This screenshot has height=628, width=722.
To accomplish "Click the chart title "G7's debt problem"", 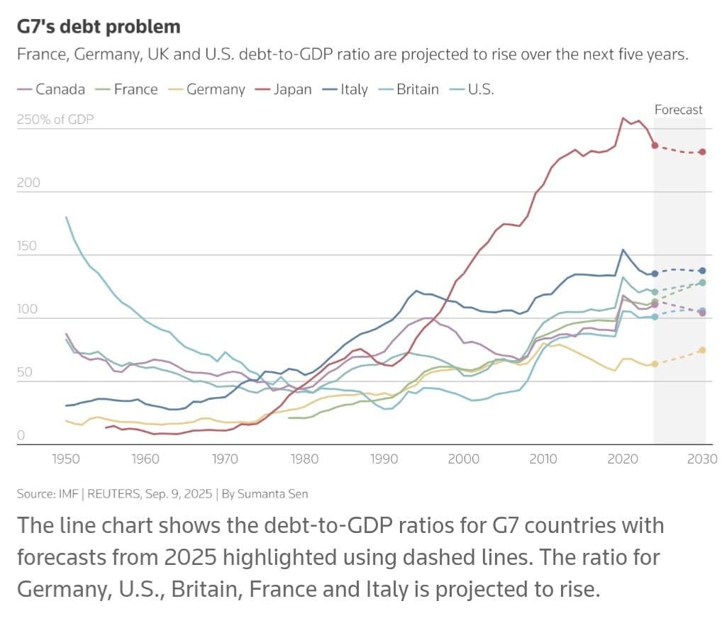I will pyautogui.click(x=99, y=27).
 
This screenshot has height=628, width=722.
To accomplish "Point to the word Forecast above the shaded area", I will pyautogui.click(x=678, y=109).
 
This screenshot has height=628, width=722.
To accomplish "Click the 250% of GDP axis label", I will pyautogui.click(x=55, y=119).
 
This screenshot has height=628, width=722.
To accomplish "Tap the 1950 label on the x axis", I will pyautogui.click(x=66, y=459).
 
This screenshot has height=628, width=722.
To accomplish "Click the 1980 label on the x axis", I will pyautogui.click(x=305, y=459).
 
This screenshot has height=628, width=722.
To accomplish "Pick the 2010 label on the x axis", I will pyautogui.click(x=544, y=459).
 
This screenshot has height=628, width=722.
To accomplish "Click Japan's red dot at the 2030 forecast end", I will pyautogui.click(x=702, y=152).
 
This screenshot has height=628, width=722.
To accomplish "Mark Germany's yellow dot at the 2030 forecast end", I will pyautogui.click(x=702, y=350).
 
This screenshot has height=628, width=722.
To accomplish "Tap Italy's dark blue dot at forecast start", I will pyautogui.click(x=655, y=274).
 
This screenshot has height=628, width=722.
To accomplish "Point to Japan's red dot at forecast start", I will pyautogui.click(x=655, y=145).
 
